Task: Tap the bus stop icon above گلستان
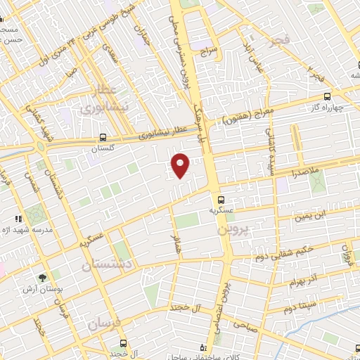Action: pyautogui.click(x=103, y=138)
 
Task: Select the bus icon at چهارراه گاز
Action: pyautogui.click(x=327, y=96)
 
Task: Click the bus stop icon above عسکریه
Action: pyautogui.click(x=221, y=199)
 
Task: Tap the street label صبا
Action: pyautogui.click(x=70, y=70)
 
